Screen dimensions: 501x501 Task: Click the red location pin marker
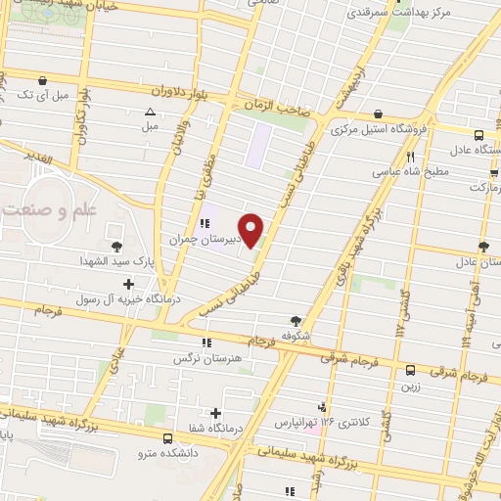coord(251,230)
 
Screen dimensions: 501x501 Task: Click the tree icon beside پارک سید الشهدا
coord(118,246)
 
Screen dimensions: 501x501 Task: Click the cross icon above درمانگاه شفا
coord(215,413)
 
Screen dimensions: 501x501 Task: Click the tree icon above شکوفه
coord(296,319)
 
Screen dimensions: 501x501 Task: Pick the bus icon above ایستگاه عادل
coord(478,136)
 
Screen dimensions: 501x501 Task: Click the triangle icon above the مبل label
coord(150,112)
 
